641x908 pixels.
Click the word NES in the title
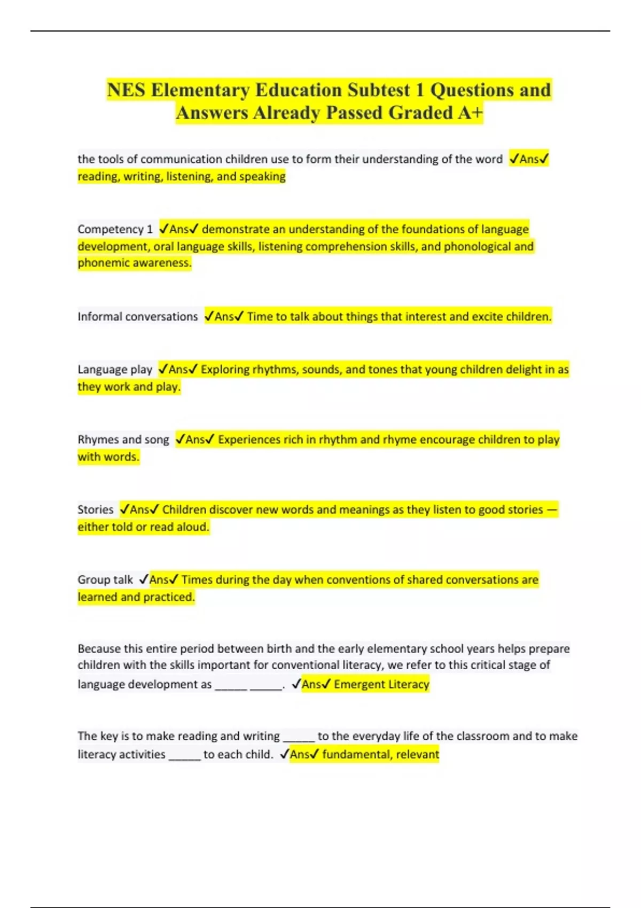coord(126,90)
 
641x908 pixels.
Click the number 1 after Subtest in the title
coord(420,90)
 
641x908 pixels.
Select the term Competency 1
coord(115,229)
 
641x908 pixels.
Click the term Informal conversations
coord(137,317)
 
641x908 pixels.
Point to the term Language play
coord(115,370)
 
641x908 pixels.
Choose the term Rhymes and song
coord(123,440)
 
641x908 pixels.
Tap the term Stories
coord(96,510)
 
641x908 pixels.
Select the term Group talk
coord(105,580)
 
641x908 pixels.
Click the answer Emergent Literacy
coord(381,684)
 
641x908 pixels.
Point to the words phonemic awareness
coord(134,263)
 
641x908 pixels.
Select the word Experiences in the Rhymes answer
coord(249,440)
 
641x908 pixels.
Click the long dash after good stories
coord(552,510)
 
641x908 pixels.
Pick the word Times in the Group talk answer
coord(197,580)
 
